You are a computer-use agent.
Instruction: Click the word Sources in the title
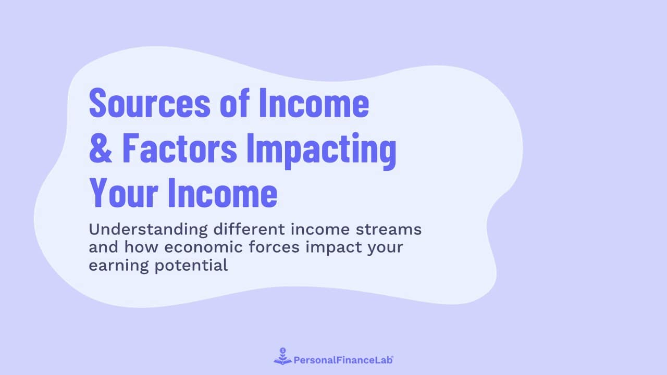149,103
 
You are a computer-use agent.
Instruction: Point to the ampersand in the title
101,148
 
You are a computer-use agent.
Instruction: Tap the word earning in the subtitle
115,265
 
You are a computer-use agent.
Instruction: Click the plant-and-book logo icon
282,357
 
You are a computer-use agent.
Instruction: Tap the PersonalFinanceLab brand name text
343,359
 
